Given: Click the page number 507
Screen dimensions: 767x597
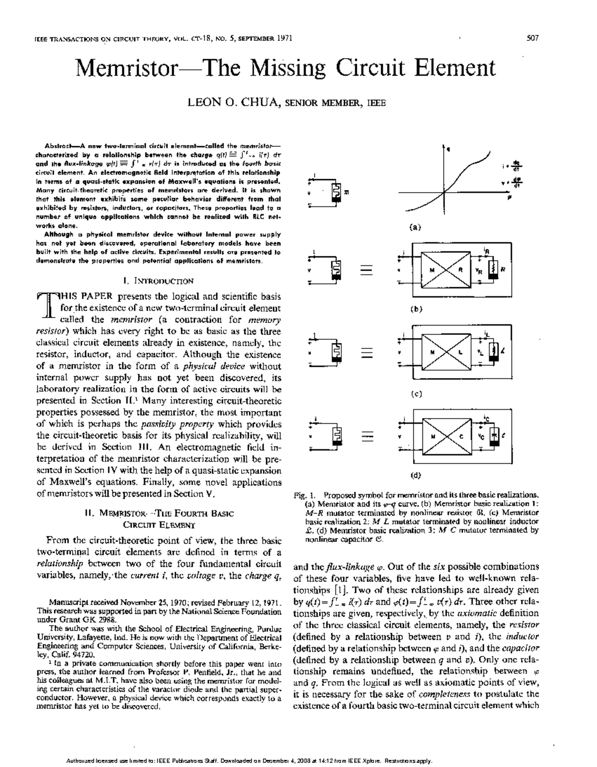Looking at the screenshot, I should (x=532, y=38).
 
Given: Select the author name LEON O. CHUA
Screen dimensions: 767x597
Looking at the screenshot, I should (x=232, y=103).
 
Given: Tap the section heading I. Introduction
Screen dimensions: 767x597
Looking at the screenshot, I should (x=159, y=281).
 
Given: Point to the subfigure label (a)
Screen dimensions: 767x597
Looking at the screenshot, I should (x=415, y=227).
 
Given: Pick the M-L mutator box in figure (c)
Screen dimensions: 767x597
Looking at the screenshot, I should (x=446, y=352).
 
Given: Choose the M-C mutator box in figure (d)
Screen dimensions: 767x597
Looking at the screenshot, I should (x=446, y=437).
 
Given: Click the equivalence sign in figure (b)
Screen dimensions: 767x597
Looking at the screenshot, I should (x=367, y=270).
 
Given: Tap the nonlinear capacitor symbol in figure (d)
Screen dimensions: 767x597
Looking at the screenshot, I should (x=494, y=436).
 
